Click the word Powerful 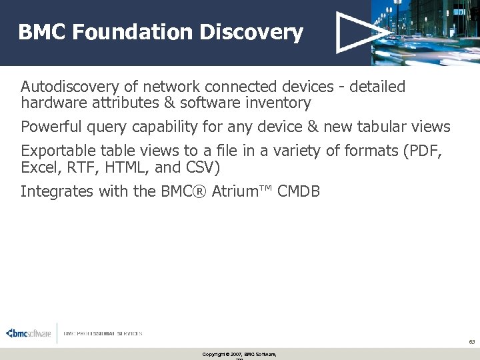coord(51,127)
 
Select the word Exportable coord(58,151)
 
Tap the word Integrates coord(57,191)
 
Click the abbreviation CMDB coord(299,191)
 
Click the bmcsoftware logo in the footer coord(29,333)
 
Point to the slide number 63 coord(471,341)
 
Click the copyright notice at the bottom coord(239,354)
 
